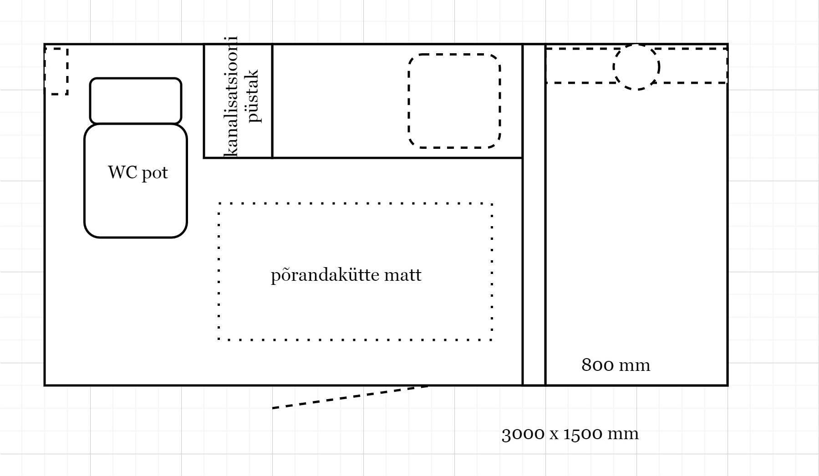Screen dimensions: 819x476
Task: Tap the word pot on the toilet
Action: click(x=155, y=174)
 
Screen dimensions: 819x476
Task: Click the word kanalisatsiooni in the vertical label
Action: click(x=232, y=96)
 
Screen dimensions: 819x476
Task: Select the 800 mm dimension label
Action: click(x=616, y=365)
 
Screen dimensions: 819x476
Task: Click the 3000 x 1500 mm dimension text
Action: click(x=570, y=434)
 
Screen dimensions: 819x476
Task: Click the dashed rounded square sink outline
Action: click(x=455, y=55)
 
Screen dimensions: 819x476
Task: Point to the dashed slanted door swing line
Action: click(x=350, y=397)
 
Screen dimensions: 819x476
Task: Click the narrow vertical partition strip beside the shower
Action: click(x=534, y=215)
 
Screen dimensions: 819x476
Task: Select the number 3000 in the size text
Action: click(x=523, y=434)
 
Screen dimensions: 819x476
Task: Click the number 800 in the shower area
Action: click(x=597, y=365)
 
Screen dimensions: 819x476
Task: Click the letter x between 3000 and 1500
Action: click(x=554, y=435)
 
